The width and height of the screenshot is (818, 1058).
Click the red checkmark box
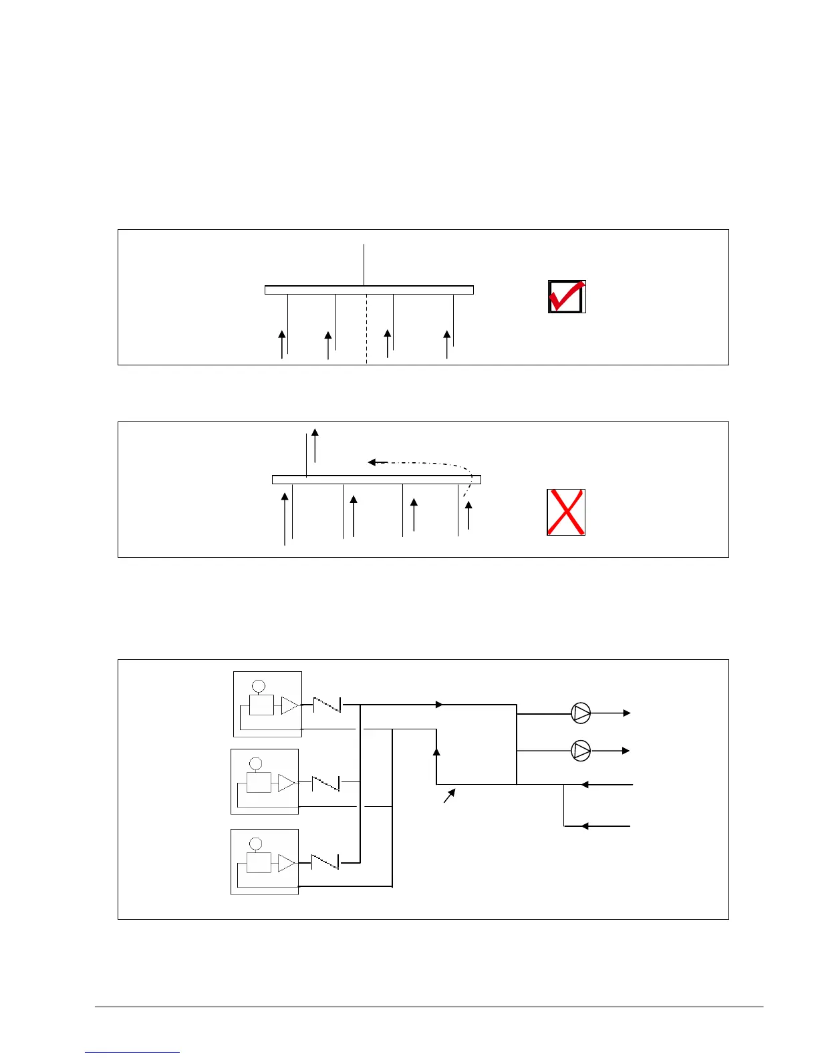(567, 297)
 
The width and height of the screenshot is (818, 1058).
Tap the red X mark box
(566, 512)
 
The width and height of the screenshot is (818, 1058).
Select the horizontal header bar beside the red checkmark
(369, 290)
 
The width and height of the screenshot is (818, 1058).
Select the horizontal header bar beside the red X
(376, 479)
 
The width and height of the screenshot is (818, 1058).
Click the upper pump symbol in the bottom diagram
(581, 713)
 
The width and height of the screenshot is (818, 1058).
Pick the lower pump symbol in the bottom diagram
(581, 751)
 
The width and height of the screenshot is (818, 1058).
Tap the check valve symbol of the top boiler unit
(327, 705)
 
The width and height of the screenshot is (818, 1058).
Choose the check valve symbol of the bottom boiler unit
(325, 862)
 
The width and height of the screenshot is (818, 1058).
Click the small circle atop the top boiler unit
(258, 686)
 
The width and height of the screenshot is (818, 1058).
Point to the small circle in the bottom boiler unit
(255, 844)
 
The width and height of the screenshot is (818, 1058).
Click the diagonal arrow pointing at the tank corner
(449, 796)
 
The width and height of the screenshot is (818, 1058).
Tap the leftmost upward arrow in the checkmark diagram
(282, 343)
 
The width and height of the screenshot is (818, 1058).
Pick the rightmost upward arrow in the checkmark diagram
(447, 343)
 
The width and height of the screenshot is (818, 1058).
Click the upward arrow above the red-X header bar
(315, 444)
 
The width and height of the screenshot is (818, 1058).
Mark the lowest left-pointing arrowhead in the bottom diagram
(584, 826)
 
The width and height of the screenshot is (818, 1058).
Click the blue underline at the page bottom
(132, 1052)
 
